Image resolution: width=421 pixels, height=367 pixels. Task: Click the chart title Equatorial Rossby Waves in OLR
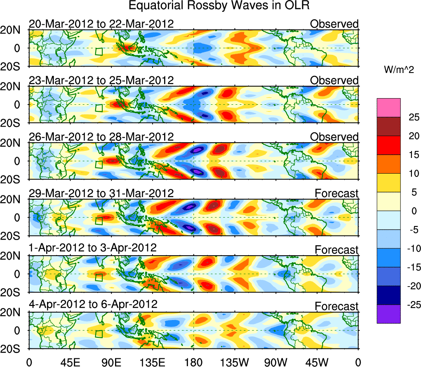click(x=219, y=6)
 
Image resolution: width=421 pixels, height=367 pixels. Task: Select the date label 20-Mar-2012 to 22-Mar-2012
click(x=101, y=24)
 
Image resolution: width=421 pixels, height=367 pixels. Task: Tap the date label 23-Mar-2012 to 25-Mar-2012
click(x=101, y=80)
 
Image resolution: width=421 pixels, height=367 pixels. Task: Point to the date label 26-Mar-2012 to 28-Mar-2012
click(x=101, y=136)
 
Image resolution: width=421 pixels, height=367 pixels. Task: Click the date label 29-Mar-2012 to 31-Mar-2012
click(x=101, y=193)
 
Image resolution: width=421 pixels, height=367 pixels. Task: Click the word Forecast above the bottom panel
click(x=337, y=306)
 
